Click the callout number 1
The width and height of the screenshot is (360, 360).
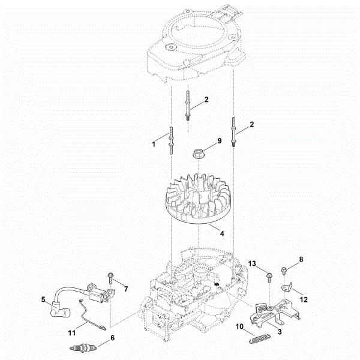click(154, 144)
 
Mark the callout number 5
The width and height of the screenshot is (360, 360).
click(43, 298)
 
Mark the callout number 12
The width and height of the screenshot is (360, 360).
click(304, 299)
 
